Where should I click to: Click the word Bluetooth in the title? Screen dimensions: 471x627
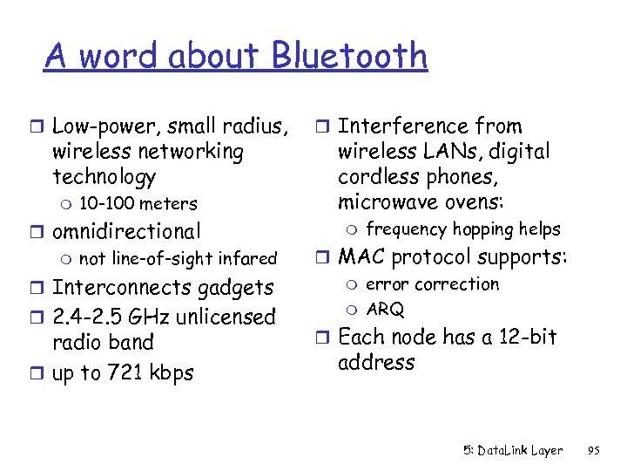tap(348, 56)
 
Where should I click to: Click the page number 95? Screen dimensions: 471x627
tap(594, 451)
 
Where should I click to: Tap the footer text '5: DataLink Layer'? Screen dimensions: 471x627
tap(512, 451)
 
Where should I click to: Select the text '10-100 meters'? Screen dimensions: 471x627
tap(138, 204)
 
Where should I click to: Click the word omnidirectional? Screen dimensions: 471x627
tap(126, 231)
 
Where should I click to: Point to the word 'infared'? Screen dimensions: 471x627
tap(246, 258)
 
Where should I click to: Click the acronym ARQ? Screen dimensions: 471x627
tap(384, 310)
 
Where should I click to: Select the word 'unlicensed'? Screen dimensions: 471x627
tap(228, 317)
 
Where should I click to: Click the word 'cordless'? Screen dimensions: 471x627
tap(375, 177)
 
